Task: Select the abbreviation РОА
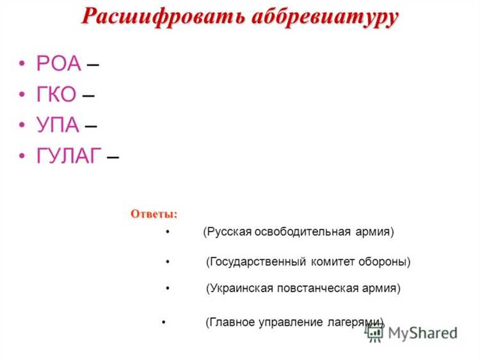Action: [x=59, y=64]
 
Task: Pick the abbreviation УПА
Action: [x=58, y=126]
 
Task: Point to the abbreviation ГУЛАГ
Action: [x=70, y=156]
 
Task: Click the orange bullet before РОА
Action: [x=22, y=64]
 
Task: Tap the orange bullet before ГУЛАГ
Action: [x=22, y=156]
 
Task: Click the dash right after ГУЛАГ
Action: [x=113, y=157]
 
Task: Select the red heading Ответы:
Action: [x=154, y=213]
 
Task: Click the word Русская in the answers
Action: [x=229, y=232]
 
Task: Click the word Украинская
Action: [x=240, y=288]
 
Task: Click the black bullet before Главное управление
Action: [x=164, y=322]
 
